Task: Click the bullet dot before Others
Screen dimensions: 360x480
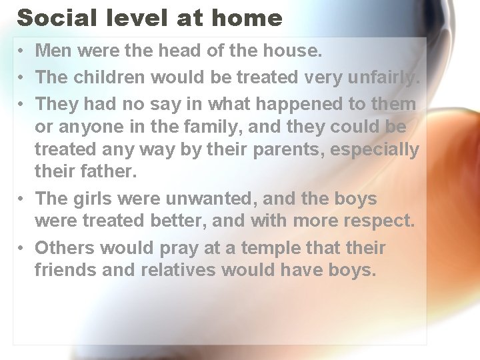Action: pos(21,249)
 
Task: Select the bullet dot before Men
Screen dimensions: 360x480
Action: pos(21,51)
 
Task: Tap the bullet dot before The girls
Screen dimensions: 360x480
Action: pos(21,199)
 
